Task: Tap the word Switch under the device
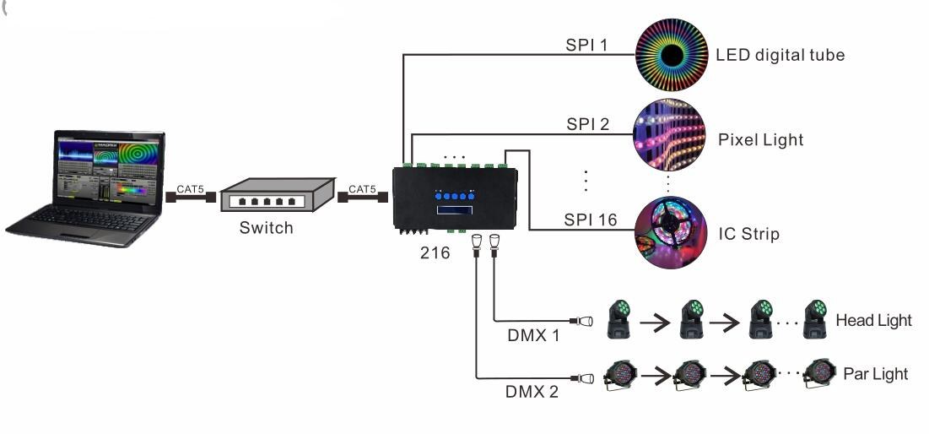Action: coord(266,228)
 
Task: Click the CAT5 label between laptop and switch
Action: coord(190,190)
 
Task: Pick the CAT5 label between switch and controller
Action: coord(363,190)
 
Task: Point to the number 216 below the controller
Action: coord(435,252)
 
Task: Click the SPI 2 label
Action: coord(587,124)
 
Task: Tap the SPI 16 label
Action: coord(591,220)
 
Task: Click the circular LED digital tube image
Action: coord(670,56)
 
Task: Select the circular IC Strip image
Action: coord(670,232)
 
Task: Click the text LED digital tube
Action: coord(780,56)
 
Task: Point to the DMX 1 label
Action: coord(533,335)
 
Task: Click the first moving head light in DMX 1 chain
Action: coord(620,320)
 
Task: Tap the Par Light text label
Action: coord(875,374)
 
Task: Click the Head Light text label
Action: coord(873,321)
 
